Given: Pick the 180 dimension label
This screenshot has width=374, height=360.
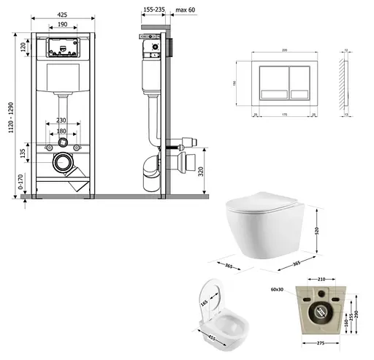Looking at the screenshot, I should point(64,131).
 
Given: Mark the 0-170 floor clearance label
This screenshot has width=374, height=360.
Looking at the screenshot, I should point(21,182).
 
